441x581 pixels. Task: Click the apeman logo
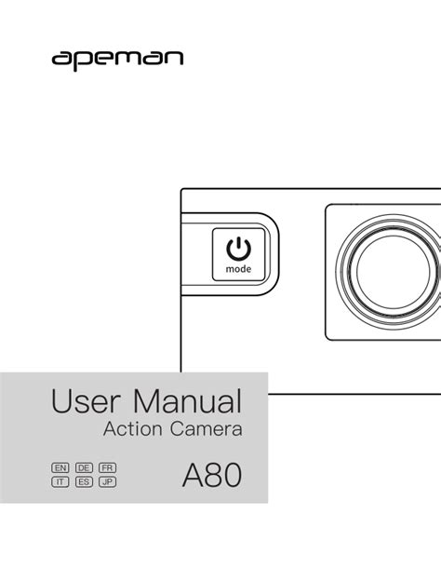click(x=117, y=60)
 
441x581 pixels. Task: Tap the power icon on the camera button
click(x=238, y=249)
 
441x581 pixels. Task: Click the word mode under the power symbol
click(x=238, y=269)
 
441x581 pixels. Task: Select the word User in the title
click(x=87, y=401)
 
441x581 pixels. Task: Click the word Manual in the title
click(x=188, y=401)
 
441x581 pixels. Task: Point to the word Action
click(x=132, y=429)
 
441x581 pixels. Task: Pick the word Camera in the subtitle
click(x=207, y=429)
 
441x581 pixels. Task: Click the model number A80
click(x=212, y=476)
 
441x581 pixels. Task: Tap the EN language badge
click(x=60, y=468)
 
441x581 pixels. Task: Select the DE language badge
click(x=84, y=468)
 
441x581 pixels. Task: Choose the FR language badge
click(x=107, y=468)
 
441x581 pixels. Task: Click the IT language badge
click(x=60, y=481)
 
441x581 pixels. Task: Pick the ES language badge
click(x=84, y=481)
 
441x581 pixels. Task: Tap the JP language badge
click(x=107, y=481)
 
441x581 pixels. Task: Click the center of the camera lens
click(x=394, y=271)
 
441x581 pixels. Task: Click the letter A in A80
click(x=193, y=476)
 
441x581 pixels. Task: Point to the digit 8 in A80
click(x=213, y=476)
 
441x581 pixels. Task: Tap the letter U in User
click(x=61, y=401)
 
